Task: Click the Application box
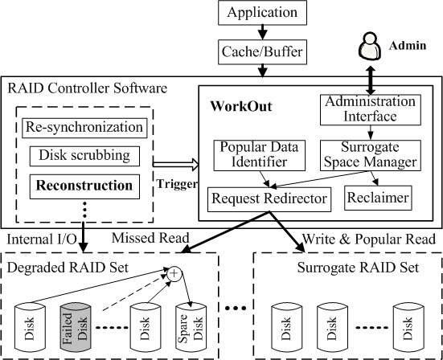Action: [x=262, y=13]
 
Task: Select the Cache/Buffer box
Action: [x=262, y=51]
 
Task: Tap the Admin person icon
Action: [x=370, y=47]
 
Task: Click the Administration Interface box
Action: [x=371, y=110]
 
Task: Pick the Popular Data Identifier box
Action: [x=260, y=155]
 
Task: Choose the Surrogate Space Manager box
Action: [x=371, y=155]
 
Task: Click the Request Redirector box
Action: [x=269, y=199]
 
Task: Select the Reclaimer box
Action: [x=378, y=198]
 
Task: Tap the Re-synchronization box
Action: [x=84, y=128]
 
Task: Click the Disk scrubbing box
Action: [x=84, y=156]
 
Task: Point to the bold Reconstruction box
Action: [x=84, y=186]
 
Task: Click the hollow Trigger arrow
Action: [x=176, y=165]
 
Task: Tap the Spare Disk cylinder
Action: [x=191, y=327]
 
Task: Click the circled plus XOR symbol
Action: [x=174, y=273]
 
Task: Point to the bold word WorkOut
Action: [x=241, y=106]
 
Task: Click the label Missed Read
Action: [x=150, y=238]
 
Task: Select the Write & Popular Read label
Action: [x=369, y=239]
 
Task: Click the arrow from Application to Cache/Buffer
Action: [x=263, y=32]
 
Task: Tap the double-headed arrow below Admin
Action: [x=371, y=80]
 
